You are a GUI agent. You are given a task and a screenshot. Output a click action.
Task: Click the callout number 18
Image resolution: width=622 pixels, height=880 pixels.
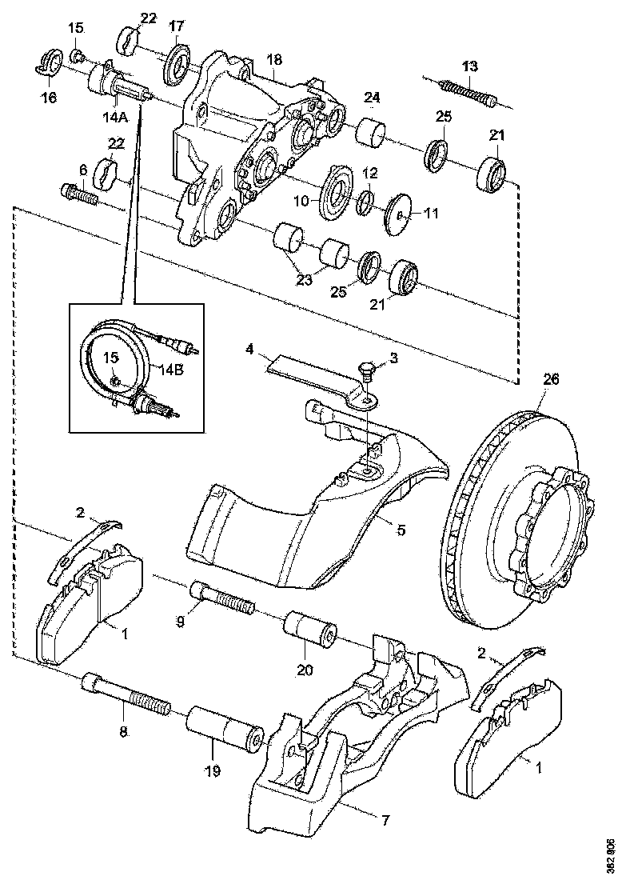(x=274, y=61)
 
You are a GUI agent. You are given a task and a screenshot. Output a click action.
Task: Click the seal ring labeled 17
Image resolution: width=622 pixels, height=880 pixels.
(x=177, y=64)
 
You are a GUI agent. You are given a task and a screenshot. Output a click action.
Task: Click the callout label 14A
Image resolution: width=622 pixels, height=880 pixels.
(x=114, y=114)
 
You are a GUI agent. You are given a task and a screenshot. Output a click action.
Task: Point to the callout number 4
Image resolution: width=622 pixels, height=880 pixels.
(x=250, y=350)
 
